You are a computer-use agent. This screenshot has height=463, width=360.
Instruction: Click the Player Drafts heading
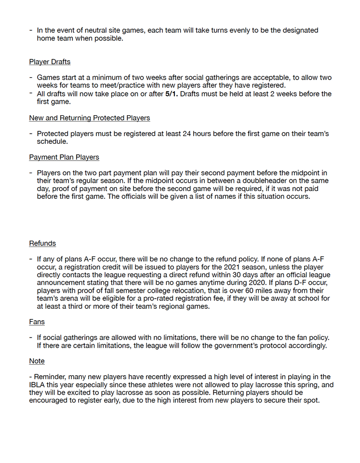49,62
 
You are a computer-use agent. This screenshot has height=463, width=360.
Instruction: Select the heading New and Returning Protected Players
89,118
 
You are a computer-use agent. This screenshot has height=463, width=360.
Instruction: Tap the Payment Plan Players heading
64,157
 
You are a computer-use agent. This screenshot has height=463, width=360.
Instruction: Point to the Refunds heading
42,244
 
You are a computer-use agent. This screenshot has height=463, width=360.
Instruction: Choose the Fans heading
37,322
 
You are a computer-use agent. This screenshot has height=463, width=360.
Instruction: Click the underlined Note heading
37,361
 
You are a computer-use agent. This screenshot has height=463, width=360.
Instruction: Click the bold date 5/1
171,94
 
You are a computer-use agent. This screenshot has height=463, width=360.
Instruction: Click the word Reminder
50,377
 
